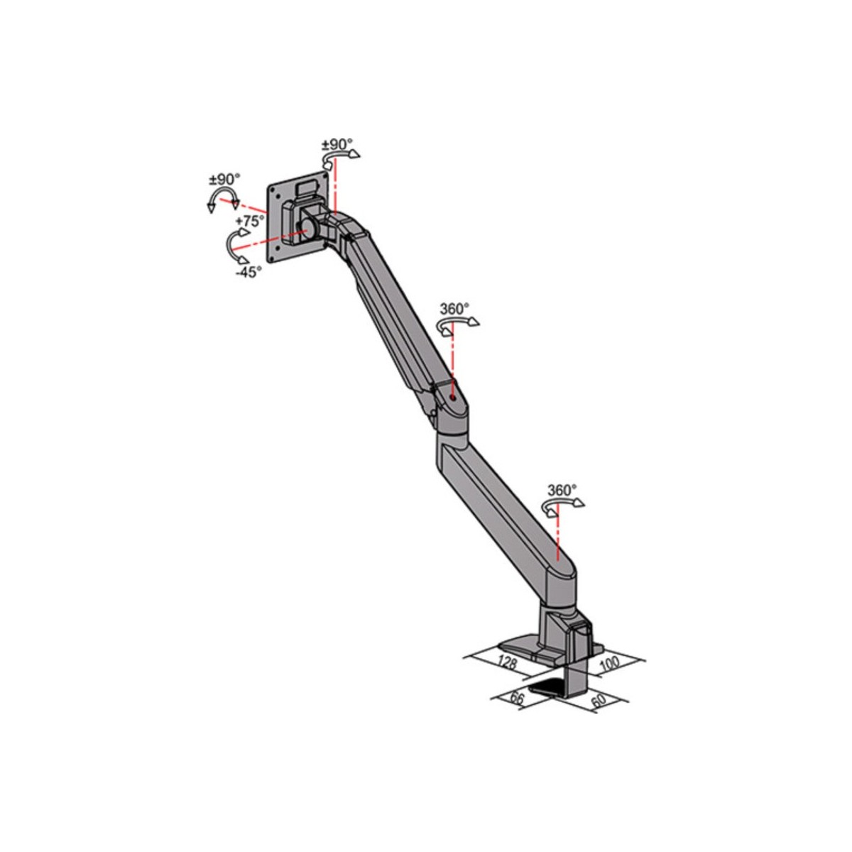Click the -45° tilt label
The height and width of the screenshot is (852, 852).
248,272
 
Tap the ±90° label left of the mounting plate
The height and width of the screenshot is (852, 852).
224,180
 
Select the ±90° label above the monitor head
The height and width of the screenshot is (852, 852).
337,144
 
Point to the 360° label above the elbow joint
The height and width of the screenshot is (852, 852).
455,309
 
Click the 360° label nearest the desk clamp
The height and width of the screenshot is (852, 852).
562,491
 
